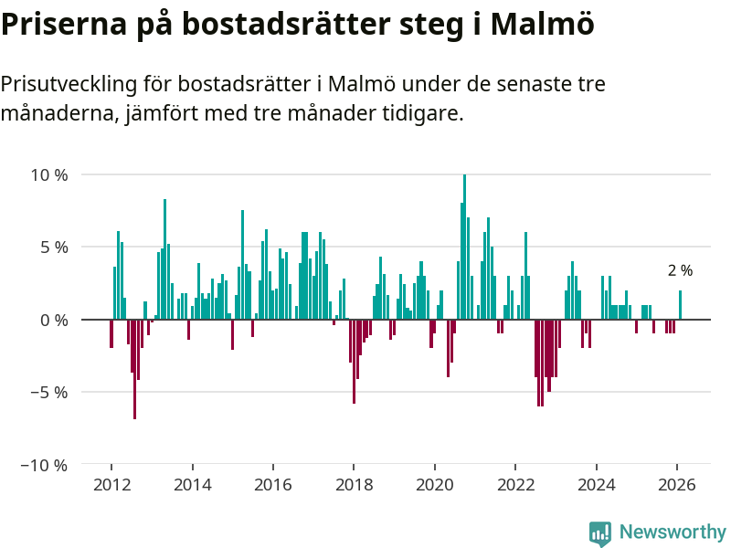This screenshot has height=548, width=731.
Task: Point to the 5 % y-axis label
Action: point(53,247)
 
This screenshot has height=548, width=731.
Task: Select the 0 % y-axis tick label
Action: point(53,320)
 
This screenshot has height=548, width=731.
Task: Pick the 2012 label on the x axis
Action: point(111,485)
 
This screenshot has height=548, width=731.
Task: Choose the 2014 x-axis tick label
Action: point(192,485)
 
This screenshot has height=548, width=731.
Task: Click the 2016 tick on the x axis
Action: point(273,485)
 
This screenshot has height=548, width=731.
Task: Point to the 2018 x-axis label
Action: point(354,485)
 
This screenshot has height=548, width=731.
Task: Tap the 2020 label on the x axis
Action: point(435,485)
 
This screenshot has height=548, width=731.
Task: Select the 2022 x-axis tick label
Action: point(515,485)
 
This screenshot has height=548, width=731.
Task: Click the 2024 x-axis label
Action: point(597,485)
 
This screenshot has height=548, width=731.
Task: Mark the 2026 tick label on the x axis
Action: point(677,485)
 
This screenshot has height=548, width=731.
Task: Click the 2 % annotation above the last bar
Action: point(680,270)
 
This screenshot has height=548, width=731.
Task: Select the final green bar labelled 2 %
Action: point(680,305)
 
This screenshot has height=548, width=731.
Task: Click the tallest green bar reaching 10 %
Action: point(464,247)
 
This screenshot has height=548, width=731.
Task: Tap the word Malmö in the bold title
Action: point(542,24)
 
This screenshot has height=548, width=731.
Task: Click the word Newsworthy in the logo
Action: point(673,532)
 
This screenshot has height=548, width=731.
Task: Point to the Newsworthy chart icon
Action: point(600,533)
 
